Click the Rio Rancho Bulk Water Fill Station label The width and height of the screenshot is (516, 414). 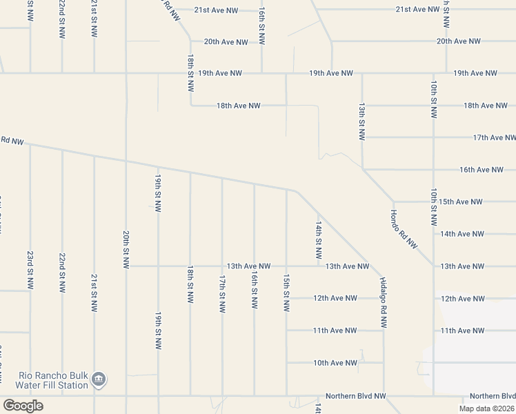pyautogui.click(x=45, y=380)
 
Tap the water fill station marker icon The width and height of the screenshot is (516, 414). pyautogui.click(x=99, y=379)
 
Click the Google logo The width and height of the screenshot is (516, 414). pyautogui.click(x=23, y=406)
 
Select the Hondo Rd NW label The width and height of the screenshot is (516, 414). pyautogui.click(x=404, y=229)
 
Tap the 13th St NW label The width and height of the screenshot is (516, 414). pyautogui.click(x=361, y=121)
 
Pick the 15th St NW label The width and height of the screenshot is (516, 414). pyautogui.click(x=286, y=292)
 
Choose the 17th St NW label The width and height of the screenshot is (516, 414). pyautogui.click(x=222, y=295)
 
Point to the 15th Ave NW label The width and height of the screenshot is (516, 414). pyautogui.click(x=460, y=202)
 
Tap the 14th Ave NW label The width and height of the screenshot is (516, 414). pyautogui.click(x=461, y=234)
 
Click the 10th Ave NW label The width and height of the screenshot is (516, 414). pyautogui.click(x=335, y=363)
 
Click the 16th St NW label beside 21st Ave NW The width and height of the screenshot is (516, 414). pyautogui.click(x=261, y=26)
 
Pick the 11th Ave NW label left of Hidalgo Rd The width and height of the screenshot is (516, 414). pyautogui.click(x=335, y=331)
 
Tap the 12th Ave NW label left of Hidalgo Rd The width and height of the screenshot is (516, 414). pyautogui.click(x=335, y=299)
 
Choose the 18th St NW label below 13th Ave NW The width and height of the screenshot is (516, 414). pyautogui.click(x=190, y=284)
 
